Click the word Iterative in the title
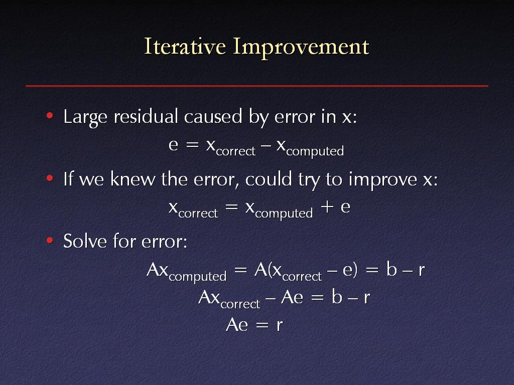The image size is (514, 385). click(185, 47)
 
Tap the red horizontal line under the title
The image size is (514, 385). click(257, 86)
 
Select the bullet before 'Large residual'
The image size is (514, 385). click(50, 116)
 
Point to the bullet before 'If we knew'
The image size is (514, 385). click(50, 178)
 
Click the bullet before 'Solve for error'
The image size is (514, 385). click(50, 241)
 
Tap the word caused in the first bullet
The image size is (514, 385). click(213, 116)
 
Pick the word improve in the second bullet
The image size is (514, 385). click(382, 180)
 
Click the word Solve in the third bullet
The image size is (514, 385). click(85, 241)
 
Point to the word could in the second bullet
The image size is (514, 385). click(269, 179)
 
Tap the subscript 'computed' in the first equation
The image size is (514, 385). click(315, 151)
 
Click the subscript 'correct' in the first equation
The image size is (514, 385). click(236, 151)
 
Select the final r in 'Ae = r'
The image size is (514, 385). click(279, 325)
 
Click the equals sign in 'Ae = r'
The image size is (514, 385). click(262, 325)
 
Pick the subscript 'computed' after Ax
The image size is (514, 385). click(198, 276)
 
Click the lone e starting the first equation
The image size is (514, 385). click(173, 145)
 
